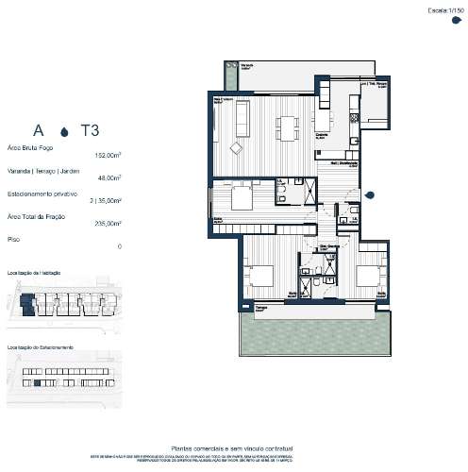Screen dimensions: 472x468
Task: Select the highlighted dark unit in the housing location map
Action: coord(29,302)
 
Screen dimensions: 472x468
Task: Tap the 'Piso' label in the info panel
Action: coord(13,239)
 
